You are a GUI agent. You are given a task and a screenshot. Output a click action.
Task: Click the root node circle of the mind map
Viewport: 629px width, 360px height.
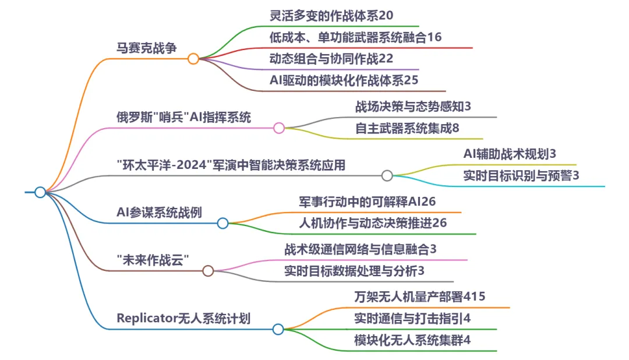[40, 192]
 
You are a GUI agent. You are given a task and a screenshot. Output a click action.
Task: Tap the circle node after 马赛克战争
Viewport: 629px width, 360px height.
[193, 59]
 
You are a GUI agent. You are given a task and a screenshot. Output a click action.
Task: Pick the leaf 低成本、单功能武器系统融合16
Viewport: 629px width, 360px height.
[355, 37]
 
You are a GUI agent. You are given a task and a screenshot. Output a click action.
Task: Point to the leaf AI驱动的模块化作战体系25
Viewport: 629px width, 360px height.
[344, 80]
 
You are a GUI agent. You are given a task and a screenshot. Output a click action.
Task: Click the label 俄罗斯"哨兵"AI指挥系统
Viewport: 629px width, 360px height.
[184, 117]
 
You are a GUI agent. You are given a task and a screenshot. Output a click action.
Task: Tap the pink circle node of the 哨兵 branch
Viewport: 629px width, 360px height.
[279, 128]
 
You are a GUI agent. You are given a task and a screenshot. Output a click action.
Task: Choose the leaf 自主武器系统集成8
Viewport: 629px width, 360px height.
[407, 128]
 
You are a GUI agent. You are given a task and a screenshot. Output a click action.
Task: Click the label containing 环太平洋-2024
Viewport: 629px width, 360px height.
[231, 165]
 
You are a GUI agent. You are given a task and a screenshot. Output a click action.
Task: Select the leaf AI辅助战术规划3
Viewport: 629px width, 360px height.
[510, 154]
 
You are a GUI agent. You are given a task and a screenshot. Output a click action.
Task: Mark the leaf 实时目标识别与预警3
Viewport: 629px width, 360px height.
[521, 175]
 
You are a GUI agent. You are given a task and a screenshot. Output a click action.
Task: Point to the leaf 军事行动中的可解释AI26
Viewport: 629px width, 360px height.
[367, 202]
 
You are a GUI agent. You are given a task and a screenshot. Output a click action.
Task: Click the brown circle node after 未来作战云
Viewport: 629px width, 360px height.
[208, 271]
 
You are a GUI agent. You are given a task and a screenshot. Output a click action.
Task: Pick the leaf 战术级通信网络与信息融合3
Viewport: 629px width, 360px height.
[361, 249]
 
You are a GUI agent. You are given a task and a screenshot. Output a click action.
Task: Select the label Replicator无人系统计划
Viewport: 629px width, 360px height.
[183, 319]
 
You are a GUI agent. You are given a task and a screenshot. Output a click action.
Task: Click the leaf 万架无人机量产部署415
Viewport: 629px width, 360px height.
[419, 297]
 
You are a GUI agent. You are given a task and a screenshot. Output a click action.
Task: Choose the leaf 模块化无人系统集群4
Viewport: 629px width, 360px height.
[412, 340]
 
